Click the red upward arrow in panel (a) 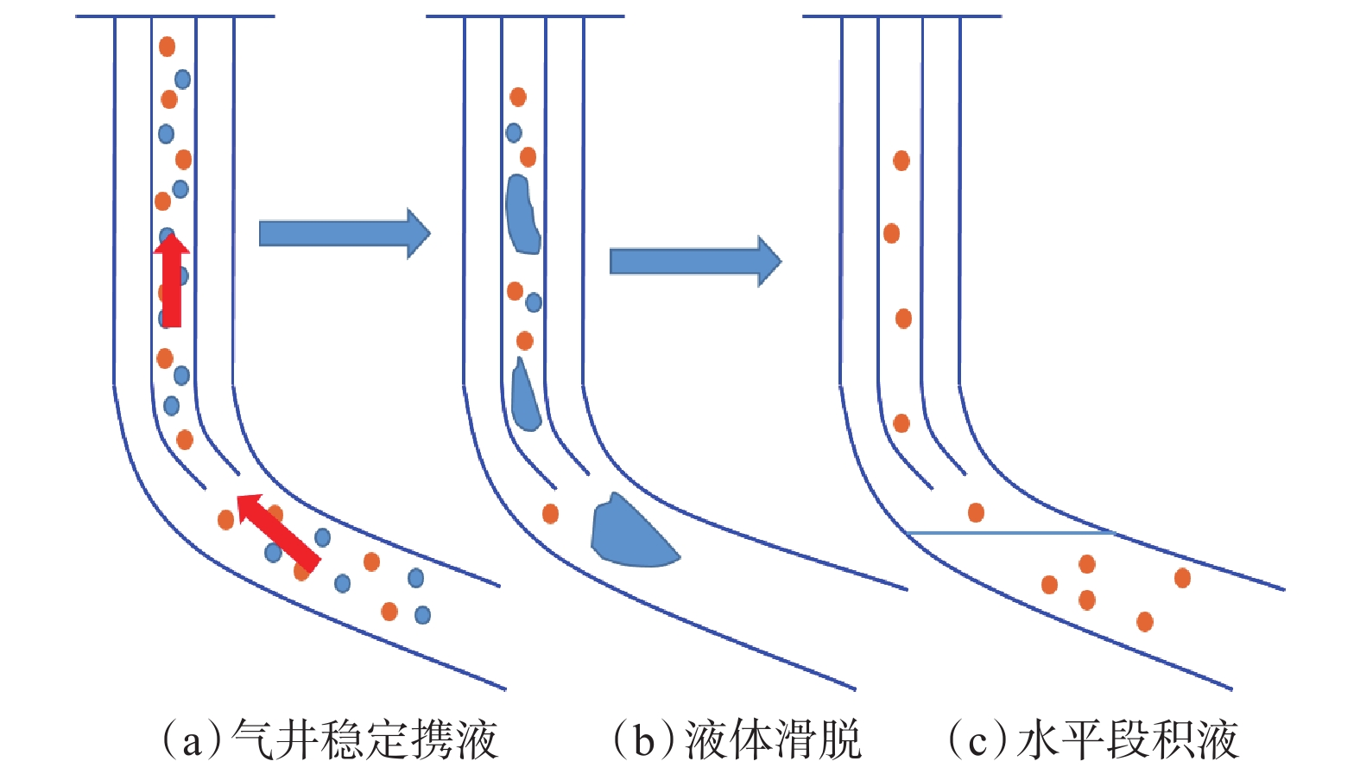(x=172, y=281)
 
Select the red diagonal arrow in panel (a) (x=278, y=531)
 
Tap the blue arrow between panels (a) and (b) (x=344, y=233)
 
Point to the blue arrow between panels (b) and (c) (x=695, y=261)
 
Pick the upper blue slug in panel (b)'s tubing (x=522, y=215)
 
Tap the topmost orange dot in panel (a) (x=167, y=46)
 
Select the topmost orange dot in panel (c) (x=901, y=161)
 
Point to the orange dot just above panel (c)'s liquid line (x=976, y=512)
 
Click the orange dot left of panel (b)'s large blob (x=550, y=514)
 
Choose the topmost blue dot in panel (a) (x=182, y=79)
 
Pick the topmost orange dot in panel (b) (x=518, y=97)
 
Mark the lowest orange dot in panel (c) (x=1145, y=621)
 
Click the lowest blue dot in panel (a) (x=422, y=615)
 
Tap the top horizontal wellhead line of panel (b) (x=525, y=16)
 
